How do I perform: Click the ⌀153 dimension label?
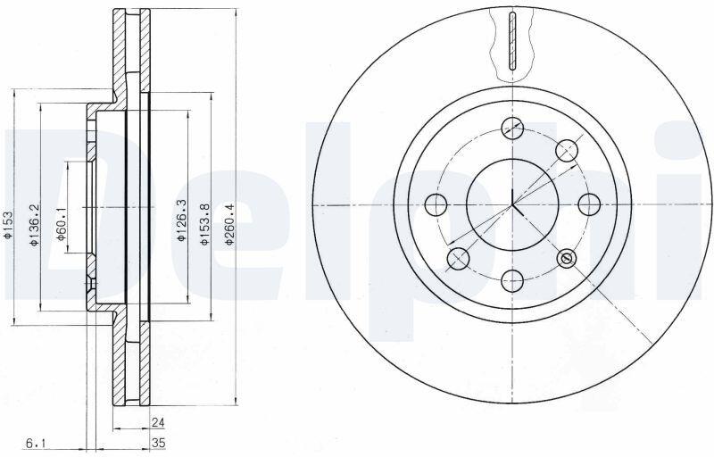pyautogui.click(x=7, y=225)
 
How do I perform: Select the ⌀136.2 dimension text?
pyautogui.click(x=33, y=225)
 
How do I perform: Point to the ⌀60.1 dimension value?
pyautogui.click(x=60, y=225)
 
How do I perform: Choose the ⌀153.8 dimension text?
pyautogui.click(x=204, y=224)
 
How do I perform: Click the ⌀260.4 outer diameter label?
pyautogui.click(x=229, y=224)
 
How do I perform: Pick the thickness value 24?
pyautogui.click(x=158, y=422)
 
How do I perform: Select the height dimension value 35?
pyautogui.click(x=158, y=443)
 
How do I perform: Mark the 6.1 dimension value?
pyautogui.click(x=37, y=443)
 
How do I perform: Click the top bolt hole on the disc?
pyautogui.click(x=512, y=128)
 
